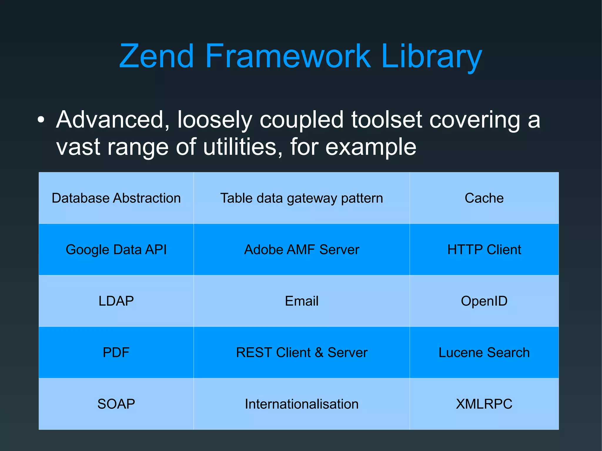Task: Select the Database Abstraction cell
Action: pos(116,198)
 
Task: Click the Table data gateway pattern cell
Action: pos(302,198)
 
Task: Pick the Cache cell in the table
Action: pos(484,198)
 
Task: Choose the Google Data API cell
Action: pos(116,249)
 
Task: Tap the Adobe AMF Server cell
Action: pos(302,249)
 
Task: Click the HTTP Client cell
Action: pos(484,249)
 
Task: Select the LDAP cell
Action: pos(116,301)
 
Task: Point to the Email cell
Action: pos(302,301)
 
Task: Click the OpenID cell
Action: pos(484,301)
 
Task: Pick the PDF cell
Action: pos(116,352)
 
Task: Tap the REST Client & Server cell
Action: pos(302,352)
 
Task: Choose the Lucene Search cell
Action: pos(484,352)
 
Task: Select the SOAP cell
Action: pos(116,404)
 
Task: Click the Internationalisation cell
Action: pos(302,404)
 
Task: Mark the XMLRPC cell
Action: pos(484,404)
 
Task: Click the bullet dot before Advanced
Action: pos(41,120)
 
